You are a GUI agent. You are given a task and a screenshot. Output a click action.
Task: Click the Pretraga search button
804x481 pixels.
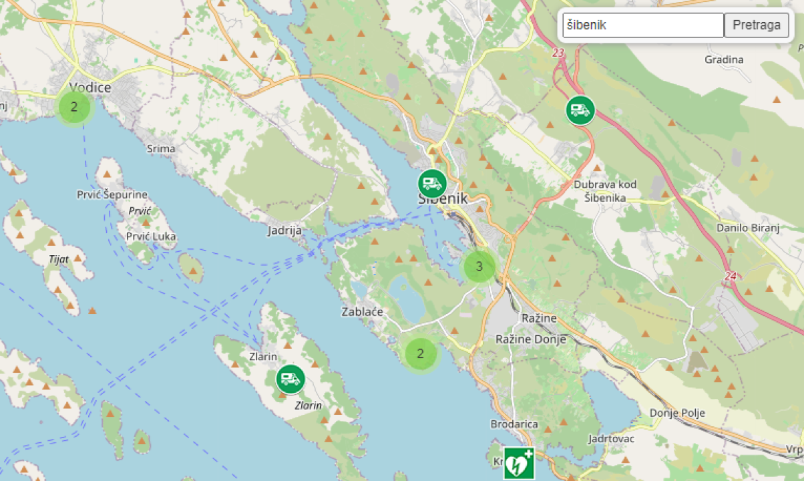757,25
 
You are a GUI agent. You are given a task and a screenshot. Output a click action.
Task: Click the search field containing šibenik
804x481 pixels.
643,25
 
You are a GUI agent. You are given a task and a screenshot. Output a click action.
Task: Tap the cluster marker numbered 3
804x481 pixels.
479,267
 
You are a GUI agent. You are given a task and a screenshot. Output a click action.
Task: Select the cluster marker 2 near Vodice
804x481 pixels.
74,107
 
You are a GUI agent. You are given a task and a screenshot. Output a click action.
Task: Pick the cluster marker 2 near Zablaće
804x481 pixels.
420,353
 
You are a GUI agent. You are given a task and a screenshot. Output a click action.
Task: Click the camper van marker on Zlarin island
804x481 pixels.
290,379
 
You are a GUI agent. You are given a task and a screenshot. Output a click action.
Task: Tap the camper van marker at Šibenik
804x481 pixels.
432,183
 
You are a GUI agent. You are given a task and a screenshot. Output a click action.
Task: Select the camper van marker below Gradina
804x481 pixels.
580,110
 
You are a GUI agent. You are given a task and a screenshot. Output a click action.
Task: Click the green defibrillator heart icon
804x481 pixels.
519,463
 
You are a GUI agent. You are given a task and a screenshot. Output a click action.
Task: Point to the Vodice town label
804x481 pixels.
90,88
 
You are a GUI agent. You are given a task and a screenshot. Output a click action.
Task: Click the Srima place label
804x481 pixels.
161,149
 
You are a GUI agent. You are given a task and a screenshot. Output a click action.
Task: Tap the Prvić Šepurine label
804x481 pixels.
112,194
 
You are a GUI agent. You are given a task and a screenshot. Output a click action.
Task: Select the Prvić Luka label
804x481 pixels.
151,236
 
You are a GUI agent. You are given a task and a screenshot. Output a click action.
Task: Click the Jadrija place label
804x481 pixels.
284,230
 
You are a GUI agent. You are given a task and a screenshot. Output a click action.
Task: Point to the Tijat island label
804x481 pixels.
59,259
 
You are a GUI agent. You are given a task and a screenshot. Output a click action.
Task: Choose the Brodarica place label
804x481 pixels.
514,424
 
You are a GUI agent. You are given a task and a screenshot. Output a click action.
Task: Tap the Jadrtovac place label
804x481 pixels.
611,439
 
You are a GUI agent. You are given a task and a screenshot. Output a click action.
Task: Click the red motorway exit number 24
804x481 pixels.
731,275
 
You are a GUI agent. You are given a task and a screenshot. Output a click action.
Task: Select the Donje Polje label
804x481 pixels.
677,413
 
